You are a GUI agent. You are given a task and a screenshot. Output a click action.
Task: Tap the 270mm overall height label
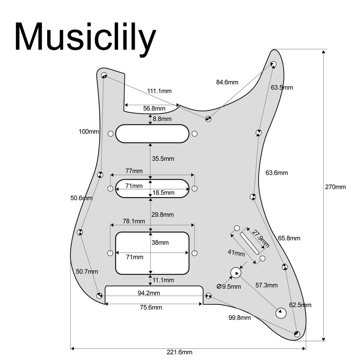pyautogui.click(x=335, y=187)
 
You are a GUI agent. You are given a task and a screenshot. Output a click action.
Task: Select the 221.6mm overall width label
pyautogui.click(x=179, y=352)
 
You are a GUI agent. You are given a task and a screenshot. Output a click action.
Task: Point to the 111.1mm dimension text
pyautogui.click(x=159, y=91)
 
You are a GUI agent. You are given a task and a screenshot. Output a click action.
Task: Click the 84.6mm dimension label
pyautogui.click(x=227, y=82)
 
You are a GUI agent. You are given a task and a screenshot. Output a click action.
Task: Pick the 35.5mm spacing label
pyautogui.click(x=163, y=159)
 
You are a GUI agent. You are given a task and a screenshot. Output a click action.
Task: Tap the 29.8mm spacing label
pyautogui.click(x=162, y=215)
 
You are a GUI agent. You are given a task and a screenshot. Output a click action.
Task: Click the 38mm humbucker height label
pyautogui.click(x=160, y=243)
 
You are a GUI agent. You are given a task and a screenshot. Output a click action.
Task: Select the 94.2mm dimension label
pyautogui.click(x=149, y=293)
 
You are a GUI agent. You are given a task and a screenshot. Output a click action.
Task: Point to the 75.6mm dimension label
pyautogui.click(x=151, y=307)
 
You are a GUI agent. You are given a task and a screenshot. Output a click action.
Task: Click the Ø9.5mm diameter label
pyautogui.click(x=229, y=287)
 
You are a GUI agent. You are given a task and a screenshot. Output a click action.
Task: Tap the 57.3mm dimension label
pyautogui.click(x=266, y=285)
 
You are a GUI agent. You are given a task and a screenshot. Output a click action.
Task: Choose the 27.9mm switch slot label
pyautogui.click(x=261, y=239)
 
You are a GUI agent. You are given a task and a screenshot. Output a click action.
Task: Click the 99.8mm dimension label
pyautogui.click(x=239, y=318)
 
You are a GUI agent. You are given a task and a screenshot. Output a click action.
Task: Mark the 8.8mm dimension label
pyautogui.click(x=162, y=119)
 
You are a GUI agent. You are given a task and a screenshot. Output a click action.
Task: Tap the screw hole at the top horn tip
pyautogui.click(x=274, y=64)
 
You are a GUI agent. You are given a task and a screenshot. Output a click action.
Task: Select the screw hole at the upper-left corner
pyautogui.click(x=104, y=75)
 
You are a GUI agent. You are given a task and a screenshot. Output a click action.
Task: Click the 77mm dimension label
pyautogui.click(x=134, y=171)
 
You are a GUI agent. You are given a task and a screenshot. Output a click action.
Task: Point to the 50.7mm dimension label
pyautogui.click(x=87, y=272)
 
